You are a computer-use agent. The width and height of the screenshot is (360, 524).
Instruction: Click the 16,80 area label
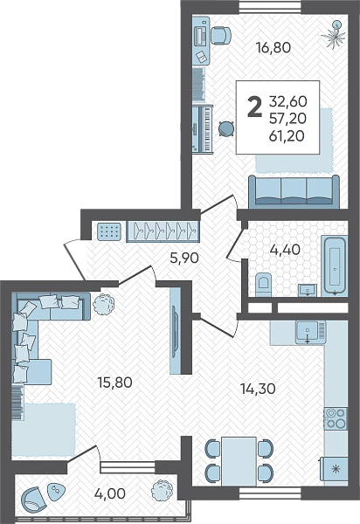click(x=273, y=47)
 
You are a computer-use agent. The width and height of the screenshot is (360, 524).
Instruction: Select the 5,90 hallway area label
click(x=184, y=258)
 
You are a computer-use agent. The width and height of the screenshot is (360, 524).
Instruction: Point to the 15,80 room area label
click(x=114, y=383)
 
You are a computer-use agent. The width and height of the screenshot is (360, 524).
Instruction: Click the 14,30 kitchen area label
click(x=258, y=389)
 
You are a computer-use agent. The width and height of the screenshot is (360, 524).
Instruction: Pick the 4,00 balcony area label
click(x=109, y=493)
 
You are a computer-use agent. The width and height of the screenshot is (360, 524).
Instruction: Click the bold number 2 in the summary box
click(x=254, y=107)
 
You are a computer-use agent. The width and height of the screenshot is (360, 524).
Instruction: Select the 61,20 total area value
click(x=287, y=135)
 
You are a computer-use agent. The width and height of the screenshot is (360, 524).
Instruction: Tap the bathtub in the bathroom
click(x=335, y=266)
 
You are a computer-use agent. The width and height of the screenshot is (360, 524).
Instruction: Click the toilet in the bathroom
click(x=264, y=285)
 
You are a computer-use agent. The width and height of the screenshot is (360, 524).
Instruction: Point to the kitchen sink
click(x=310, y=332)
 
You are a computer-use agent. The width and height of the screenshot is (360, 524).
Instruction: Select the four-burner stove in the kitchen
click(x=336, y=418)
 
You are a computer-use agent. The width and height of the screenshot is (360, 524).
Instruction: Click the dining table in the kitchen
click(x=239, y=461)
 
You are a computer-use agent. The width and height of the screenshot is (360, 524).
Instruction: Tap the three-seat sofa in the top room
click(x=294, y=190)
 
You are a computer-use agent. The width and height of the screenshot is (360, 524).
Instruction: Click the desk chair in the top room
click(x=220, y=36)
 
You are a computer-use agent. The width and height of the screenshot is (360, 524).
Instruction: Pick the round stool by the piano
click(x=226, y=128)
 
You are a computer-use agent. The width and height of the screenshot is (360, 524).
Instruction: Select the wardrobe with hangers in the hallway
click(x=163, y=231)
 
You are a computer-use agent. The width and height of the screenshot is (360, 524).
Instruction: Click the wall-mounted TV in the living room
click(x=175, y=331)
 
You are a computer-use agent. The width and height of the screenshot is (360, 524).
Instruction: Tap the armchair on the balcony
click(x=32, y=499)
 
